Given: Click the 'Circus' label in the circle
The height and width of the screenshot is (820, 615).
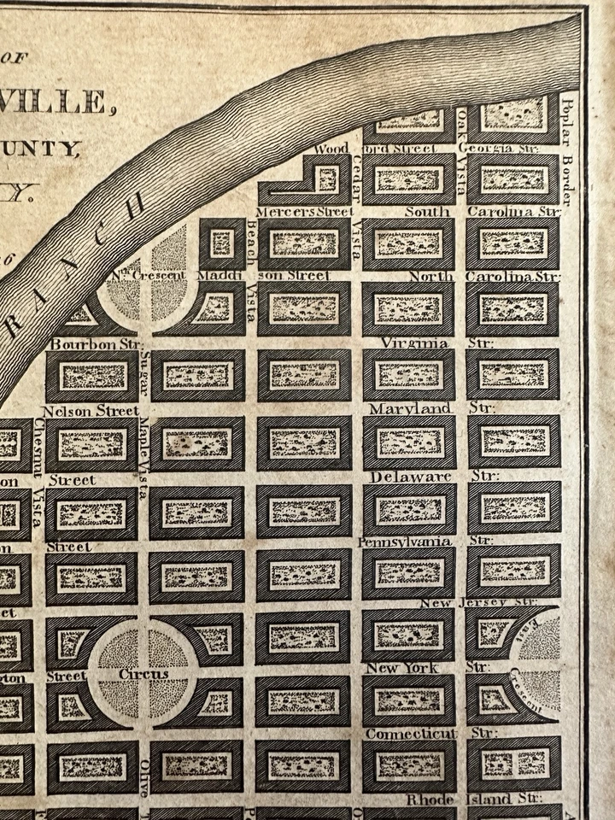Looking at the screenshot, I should (x=143, y=675).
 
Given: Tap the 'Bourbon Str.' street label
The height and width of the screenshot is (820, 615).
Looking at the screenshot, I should (x=94, y=343).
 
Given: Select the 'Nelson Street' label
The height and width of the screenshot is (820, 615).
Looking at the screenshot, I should (x=90, y=411).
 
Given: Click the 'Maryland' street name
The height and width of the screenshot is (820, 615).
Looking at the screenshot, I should (x=410, y=409).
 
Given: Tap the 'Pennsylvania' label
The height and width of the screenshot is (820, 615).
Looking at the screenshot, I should (x=405, y=542).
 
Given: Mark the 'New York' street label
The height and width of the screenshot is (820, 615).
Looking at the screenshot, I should (x=401, y=667).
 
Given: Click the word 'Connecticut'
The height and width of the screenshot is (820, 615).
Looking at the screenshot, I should (x=412, y=733).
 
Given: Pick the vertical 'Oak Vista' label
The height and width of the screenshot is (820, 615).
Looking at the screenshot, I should (x=462, y=141).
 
